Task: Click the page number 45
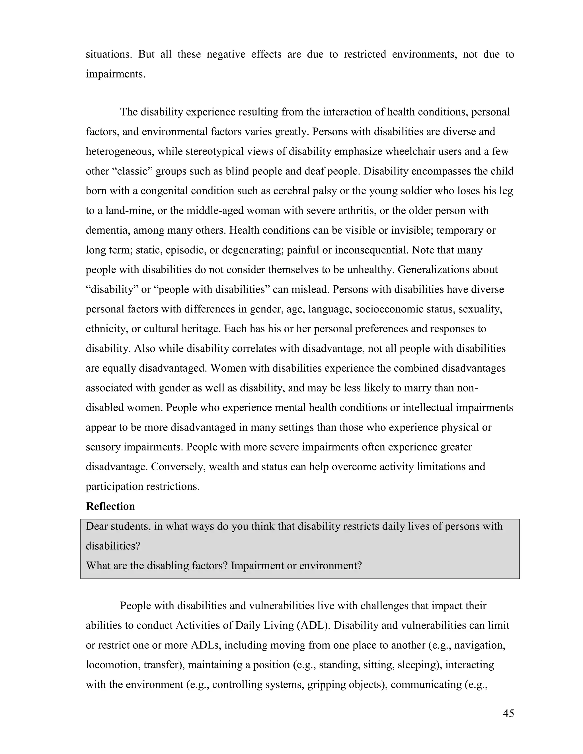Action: pos(508,713)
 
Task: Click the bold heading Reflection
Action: pos(110,506)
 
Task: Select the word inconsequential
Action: pos(371,250)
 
